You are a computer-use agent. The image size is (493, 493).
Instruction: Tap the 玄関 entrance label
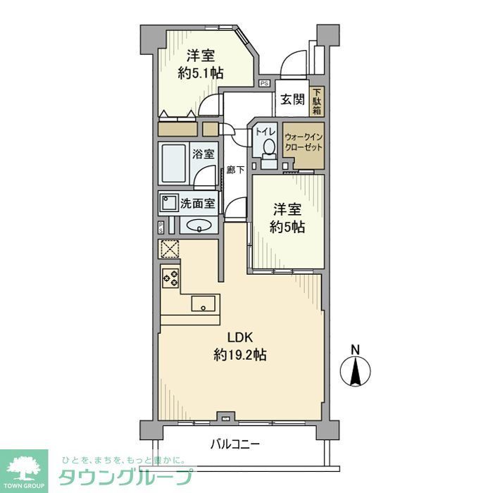292,100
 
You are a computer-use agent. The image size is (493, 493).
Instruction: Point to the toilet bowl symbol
268,149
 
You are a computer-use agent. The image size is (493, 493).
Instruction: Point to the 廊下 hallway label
235,170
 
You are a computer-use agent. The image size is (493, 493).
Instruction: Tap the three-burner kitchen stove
170,277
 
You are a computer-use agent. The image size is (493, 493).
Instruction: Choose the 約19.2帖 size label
239,356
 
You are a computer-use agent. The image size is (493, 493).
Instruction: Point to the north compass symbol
357,368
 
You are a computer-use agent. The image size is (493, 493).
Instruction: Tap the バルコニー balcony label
235,444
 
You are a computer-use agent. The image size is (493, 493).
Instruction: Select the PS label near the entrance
264,83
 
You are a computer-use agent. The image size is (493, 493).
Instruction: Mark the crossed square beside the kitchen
169,249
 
